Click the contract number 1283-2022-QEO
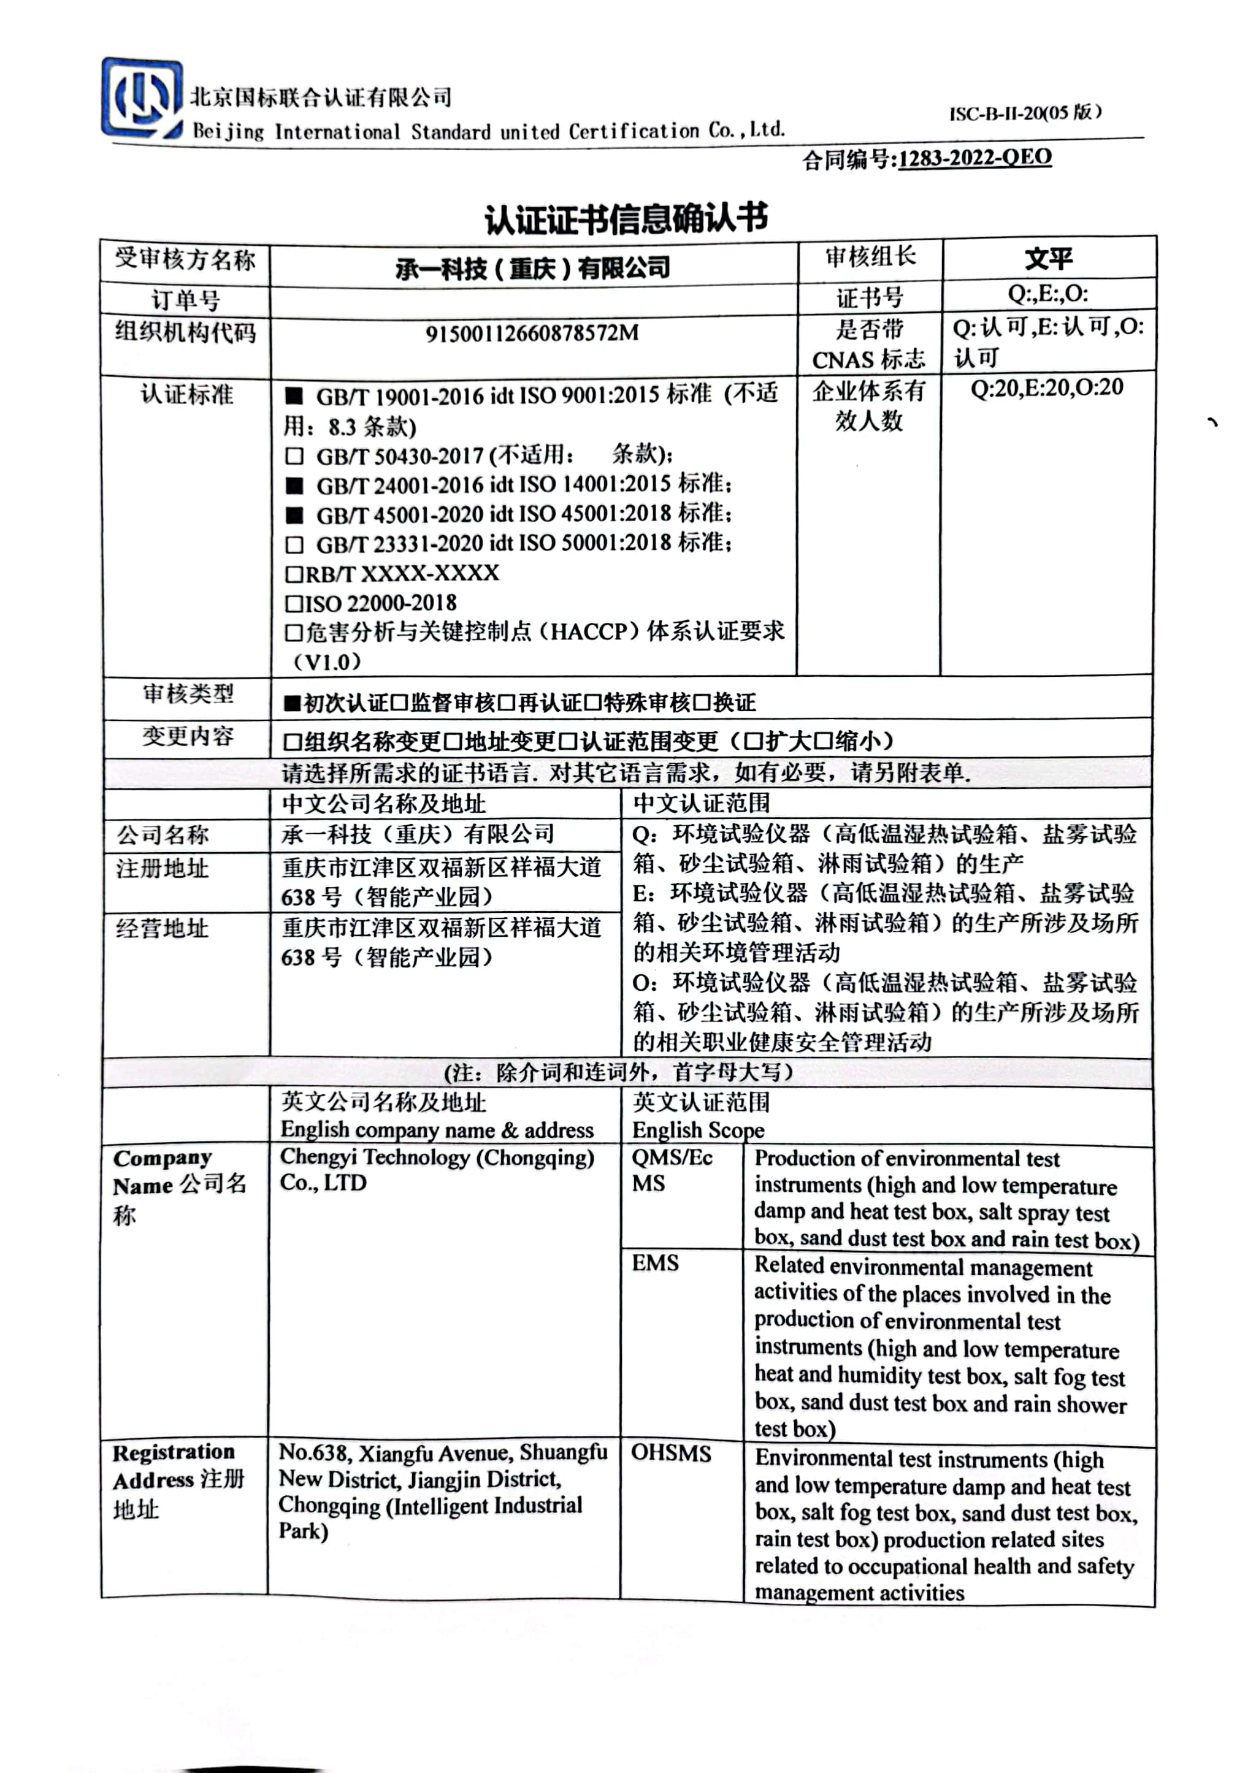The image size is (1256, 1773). coord(975,158)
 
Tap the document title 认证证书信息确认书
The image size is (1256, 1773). coord(626,219)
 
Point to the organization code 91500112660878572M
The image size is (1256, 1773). coord(532,334)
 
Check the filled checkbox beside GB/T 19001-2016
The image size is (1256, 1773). coord(294,397)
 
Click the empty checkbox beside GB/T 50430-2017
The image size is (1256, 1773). coord(294,456)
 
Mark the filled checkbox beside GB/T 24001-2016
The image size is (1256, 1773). coord(294,486)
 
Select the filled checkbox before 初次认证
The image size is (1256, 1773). coord(291,703)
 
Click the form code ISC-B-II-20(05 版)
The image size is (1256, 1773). coord(1025,113)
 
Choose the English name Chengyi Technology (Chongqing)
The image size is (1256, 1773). coord(437,1157)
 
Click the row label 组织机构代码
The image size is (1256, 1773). coord(186,332)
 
